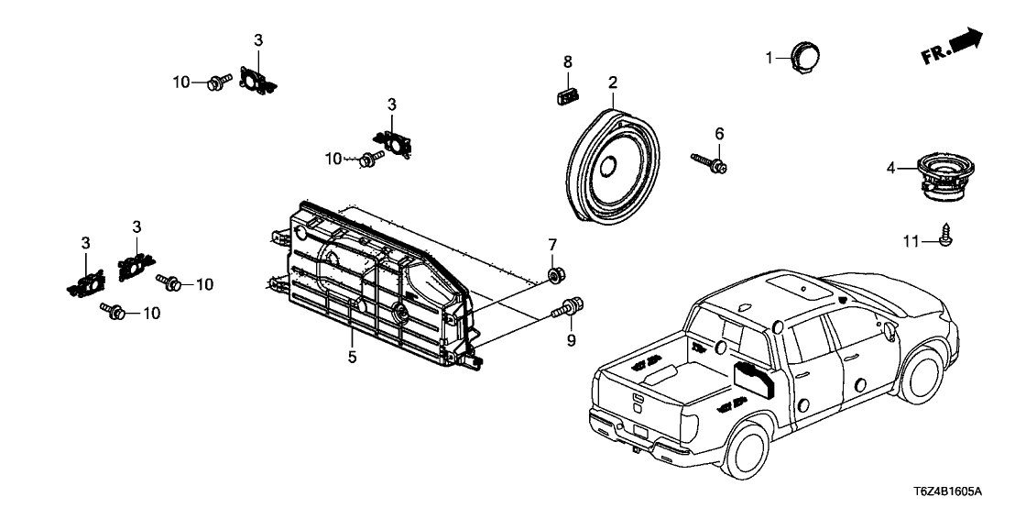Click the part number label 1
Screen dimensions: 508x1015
click(770, 58)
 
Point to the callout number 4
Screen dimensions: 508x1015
click(890, 168)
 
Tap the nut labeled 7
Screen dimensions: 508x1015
click(554, 274)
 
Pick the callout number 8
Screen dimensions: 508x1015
click(568, 61)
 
